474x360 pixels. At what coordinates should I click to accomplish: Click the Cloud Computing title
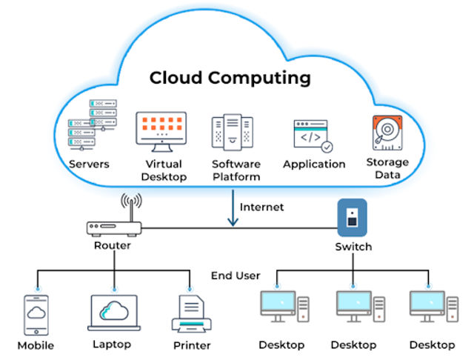(x=230, y=77)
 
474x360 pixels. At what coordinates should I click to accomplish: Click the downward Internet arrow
(x=233, y=208)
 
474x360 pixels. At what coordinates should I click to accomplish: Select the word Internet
(x=261, y=207)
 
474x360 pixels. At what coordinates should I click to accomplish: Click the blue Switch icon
(x=353, y=217)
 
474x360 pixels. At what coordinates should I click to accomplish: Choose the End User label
(x=236, y=276)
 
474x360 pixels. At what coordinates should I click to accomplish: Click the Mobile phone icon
(x=36, y=313)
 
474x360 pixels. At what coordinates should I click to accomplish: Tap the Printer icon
(x=192, y=315)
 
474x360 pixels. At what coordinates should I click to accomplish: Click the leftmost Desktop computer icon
(x=281, y=307)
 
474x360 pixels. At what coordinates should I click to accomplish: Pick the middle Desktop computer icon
(x=358, y=307)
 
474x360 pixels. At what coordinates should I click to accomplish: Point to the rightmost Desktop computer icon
(x=432, y=307)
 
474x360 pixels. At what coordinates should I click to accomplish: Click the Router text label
(x=112, y=246)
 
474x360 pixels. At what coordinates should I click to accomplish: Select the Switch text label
(x=353, y=246)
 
